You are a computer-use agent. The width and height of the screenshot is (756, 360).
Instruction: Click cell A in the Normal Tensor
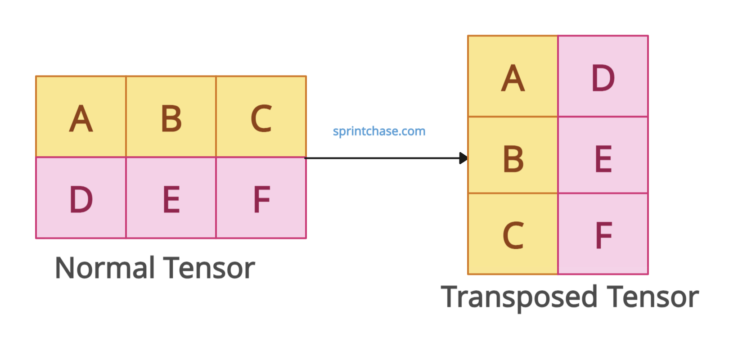pyautogui.click(x=81, y=117)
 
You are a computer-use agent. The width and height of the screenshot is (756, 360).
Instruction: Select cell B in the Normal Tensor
pyautogui.click(x=171, y=117)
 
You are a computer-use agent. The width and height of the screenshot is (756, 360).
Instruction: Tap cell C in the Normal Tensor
pyautogui.click(x=261, y=117)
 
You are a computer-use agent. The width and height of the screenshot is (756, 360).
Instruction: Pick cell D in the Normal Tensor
pyautogui.click(x=81, y=198)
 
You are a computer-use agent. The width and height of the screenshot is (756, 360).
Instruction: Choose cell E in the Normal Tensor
pyautogui.click(x=171, y=198)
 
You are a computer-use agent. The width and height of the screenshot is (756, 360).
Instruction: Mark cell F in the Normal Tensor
pyautogui.click(x=261, y=198)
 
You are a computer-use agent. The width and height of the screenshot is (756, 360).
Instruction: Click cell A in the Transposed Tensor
pyautogui.click(x=513, y=76)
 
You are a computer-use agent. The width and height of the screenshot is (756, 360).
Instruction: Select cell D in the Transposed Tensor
pyautogui.click(x=603, y=76)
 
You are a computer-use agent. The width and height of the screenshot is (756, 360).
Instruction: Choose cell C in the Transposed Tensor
pyautogui.click(x=513, y=234)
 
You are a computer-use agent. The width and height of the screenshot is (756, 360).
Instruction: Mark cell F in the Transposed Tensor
pyautogui.click(x=603, y=234)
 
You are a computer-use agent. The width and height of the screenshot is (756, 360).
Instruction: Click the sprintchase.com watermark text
pyautogui.click(x=379, y=131)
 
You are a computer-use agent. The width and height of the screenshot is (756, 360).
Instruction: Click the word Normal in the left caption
pyautogui.click(x=104, y=268)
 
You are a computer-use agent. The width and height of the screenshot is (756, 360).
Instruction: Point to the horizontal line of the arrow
pyautogui.click(x=382, y=158)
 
